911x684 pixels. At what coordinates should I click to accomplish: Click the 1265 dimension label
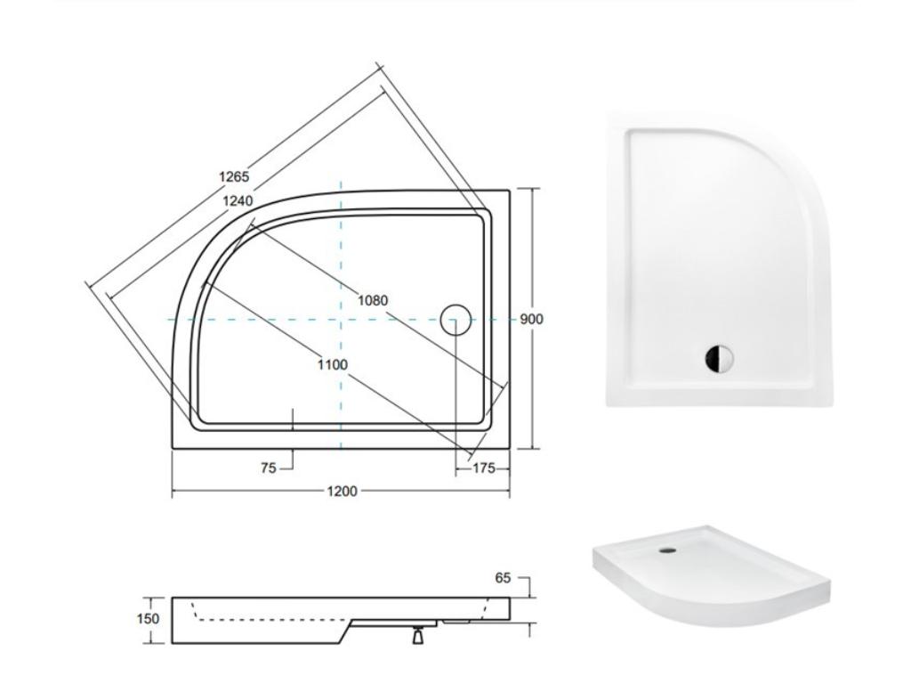(234, 176)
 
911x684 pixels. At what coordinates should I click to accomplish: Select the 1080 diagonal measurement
(373, 300)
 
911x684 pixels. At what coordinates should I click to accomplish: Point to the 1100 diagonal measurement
(333, 364)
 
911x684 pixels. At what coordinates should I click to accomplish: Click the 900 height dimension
(531, 320)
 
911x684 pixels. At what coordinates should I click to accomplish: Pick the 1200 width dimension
(342, 492)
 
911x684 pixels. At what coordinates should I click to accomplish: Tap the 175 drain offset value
(483, 468)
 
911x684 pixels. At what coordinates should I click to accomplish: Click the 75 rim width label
(269, 468)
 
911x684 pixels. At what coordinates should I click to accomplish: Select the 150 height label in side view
(149, 618)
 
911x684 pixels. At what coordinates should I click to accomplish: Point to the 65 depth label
(503, 577)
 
